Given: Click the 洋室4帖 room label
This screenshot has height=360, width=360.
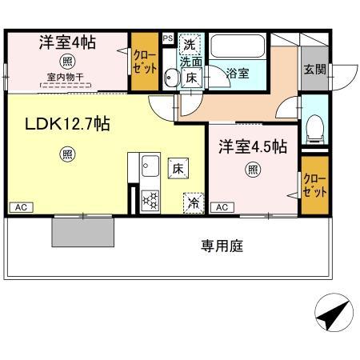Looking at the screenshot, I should [68, 42].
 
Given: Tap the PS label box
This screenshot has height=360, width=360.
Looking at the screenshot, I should [167, 38].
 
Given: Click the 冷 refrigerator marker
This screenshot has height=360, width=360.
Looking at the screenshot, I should [193, 203].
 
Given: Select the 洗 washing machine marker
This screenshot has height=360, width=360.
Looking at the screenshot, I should [190, 43].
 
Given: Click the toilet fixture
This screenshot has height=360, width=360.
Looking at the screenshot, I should [314, 126].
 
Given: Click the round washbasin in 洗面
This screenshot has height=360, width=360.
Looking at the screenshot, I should [170, 77].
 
